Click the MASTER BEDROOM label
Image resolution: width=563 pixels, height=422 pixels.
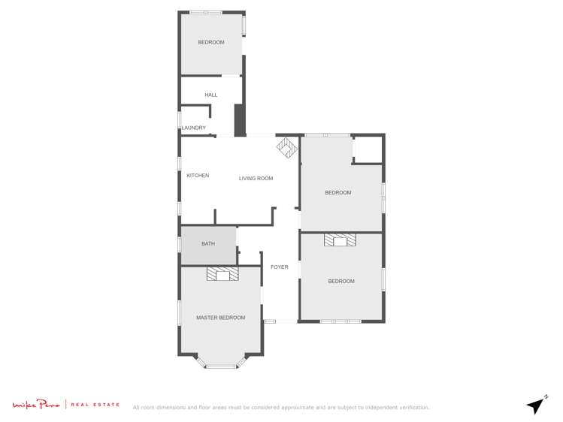coord(220,318)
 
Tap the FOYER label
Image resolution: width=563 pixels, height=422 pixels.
coord(279,267)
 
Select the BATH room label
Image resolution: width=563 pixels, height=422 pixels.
coord(208,244)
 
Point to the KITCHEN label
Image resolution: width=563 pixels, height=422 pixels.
coord(198,176)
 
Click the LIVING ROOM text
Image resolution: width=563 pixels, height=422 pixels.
coord(256,179)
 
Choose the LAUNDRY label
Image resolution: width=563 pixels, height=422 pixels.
coord(193,128)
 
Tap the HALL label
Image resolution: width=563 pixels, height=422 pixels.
coord(210,95)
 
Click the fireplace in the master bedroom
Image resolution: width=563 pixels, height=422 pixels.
coord(222,274)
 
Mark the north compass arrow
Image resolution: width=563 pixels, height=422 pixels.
coord(536,405)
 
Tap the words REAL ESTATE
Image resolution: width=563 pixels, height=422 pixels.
coord(95,405)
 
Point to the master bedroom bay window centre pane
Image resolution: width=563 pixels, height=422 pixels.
coord(221,366)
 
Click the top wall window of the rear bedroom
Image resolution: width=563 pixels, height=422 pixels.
coord(205,12)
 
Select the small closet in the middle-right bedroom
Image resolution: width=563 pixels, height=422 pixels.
coord(368,149)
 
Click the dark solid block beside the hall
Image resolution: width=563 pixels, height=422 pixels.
coord(239,120)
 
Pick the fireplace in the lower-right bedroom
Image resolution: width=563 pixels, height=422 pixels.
coord(341,240)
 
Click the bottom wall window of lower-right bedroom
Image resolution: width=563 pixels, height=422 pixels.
coord(341,321)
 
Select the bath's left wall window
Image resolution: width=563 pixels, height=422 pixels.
coord(179,245)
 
